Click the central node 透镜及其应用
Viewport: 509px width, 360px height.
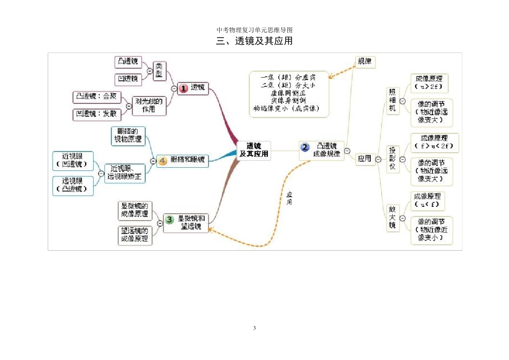[x=254, y=150]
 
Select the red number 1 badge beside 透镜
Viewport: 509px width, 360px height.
[x=184, y=88]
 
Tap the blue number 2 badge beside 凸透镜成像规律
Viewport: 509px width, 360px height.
[x=305, y=147]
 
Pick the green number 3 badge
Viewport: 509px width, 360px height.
[x=169, y=219]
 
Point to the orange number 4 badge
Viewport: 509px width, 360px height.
[x=163, y=160]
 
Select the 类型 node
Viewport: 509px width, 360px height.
[x=159, y=71]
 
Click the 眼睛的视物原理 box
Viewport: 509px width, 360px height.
[x=128, y=135]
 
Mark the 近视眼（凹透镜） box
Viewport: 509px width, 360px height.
[x=73, y=160]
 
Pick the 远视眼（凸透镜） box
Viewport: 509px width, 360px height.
[x=73, y=185]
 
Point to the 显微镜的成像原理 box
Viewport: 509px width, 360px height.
[x=135, y=211]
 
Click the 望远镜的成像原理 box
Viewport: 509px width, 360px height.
[x=135, y=235]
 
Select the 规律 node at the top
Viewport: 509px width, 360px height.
[x=364, y=62]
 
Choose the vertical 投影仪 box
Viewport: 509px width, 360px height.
[x=393, y=159]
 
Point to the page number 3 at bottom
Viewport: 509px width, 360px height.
[x=254, y=328]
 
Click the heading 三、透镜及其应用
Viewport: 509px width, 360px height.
[x=254, y=41]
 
